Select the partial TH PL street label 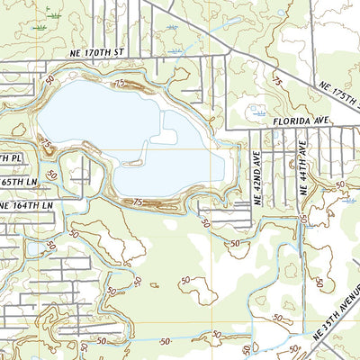(x=9, y=157)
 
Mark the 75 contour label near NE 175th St (x=276, y=82)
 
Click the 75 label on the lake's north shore (x=120, y=82)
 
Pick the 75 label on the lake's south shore (x=138, y=202)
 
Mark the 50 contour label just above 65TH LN (x=52, y=173)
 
